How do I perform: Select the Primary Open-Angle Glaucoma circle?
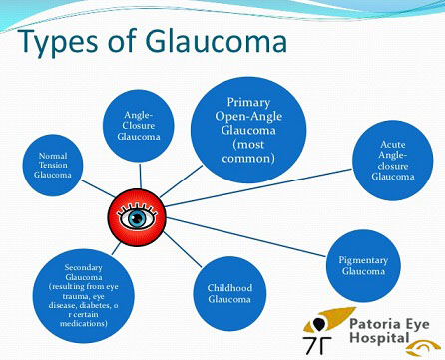[249, 130]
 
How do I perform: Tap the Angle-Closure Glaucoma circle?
[138, 125]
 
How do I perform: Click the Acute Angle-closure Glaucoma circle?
[392, 160]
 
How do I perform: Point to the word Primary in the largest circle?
[249, 103]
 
